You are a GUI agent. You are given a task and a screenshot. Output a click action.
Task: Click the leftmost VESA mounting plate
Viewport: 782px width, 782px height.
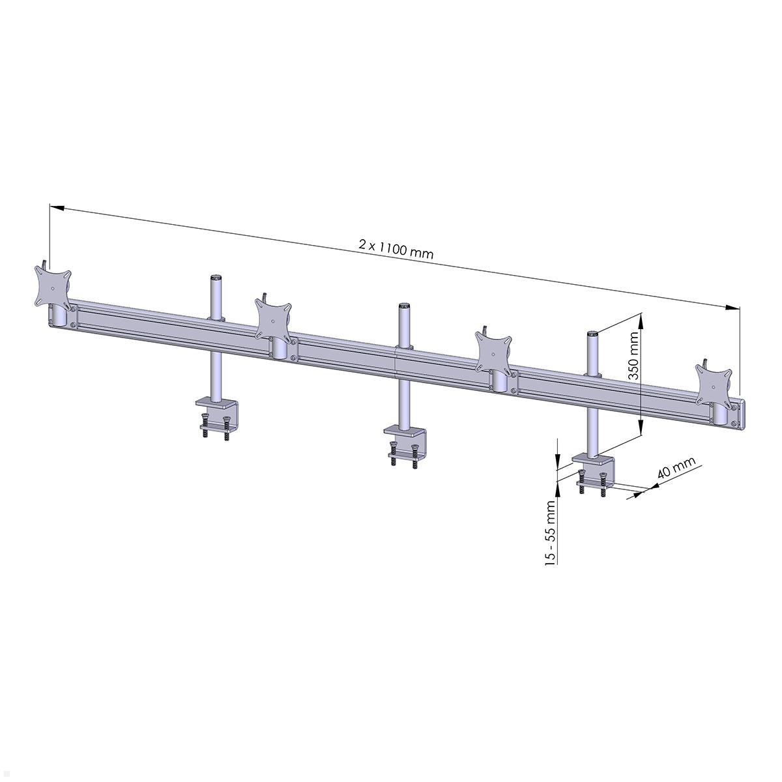point(53,286)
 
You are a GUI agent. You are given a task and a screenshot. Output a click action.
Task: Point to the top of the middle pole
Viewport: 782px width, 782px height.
point(404,305)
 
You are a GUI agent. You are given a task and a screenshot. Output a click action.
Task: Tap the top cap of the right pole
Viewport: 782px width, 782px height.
point(592,334)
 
